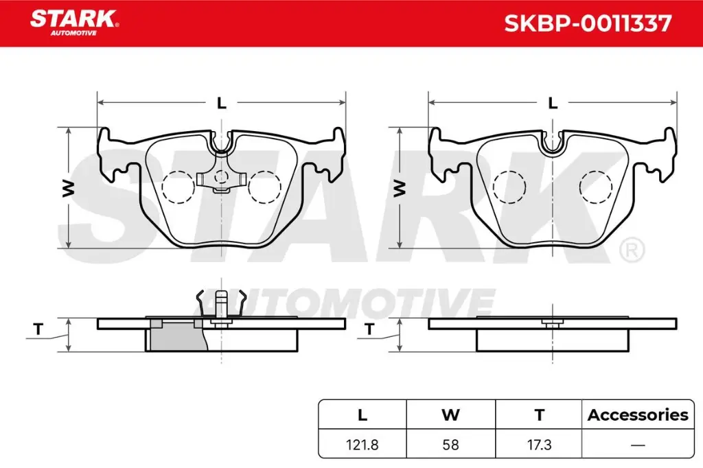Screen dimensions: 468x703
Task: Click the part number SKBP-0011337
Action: [588, 24]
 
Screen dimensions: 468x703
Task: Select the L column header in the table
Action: [362, 414]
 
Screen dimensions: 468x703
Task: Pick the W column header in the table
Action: [450, 414]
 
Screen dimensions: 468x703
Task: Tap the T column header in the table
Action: [539, 414]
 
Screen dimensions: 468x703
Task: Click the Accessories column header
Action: [638, 414]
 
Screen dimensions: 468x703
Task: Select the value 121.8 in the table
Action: [362, 445]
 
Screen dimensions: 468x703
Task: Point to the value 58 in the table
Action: [450, 445]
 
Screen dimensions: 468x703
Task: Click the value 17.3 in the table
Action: [539, 445]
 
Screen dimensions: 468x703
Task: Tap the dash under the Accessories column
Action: [638, 445]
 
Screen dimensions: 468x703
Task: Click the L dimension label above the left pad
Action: [221, 104]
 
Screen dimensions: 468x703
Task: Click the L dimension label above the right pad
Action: [553, 104]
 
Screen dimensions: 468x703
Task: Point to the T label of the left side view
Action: [38, 330]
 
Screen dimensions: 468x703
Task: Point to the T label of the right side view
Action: [369, 330]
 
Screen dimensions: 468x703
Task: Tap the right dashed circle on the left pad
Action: [265, 187]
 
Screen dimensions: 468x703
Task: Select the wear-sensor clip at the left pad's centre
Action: [221, 179]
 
